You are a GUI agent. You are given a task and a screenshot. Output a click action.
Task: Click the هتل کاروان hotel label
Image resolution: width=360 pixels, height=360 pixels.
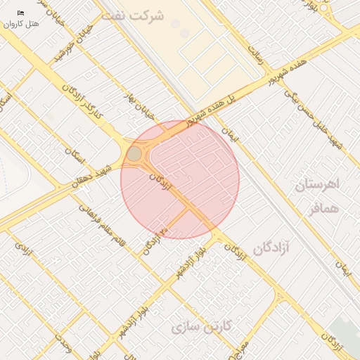pos(22,23)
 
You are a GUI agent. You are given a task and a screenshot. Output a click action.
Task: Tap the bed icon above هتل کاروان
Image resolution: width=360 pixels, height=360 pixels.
pos(20,13)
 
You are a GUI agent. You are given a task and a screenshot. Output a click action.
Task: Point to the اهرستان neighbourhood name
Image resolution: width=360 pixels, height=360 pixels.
pos(316,185)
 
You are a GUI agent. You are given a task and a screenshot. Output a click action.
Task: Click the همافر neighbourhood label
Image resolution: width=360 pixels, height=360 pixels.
pos(323,208)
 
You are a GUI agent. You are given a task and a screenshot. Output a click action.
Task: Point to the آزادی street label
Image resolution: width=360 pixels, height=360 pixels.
pos(25,250)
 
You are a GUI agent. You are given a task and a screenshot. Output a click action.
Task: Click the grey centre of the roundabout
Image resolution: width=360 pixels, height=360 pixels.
pos(134,153)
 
